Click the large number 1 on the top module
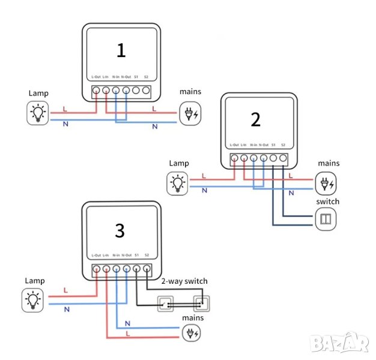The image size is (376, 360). click(121, 50)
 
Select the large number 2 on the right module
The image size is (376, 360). click(256, 120)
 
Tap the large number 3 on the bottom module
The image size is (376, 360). click(120, 231)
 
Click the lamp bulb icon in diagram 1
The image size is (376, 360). click(38, 112)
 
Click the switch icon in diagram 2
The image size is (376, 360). click(326, 218)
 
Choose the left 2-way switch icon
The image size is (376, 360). click(166, 304)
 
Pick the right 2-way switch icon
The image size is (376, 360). click(202, 304)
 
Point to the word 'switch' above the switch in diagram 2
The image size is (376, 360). click(327, 202)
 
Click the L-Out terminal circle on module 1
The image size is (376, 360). click(96, 91)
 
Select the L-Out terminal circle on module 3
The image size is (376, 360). click(96, 270)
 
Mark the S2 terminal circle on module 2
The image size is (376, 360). click(284, 159)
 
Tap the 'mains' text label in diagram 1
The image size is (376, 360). click(191, 92)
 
